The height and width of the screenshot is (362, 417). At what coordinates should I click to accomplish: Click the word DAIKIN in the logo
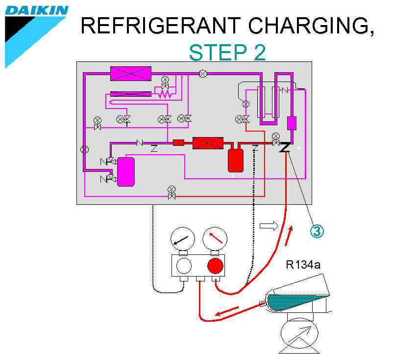(36, 10)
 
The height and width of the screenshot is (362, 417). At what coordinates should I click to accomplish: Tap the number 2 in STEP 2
(259, 53)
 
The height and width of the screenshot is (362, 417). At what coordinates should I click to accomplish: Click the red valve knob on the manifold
(215, 266)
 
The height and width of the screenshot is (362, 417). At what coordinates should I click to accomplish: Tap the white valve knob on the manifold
(183, 266)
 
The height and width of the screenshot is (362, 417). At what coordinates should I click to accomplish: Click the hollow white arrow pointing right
(269, 225)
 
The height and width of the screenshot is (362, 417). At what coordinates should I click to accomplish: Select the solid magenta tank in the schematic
(126, 171)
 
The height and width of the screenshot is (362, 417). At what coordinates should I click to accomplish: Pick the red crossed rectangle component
(208, 143)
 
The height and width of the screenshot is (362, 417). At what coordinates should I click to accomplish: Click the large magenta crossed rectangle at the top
(131, 73)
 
